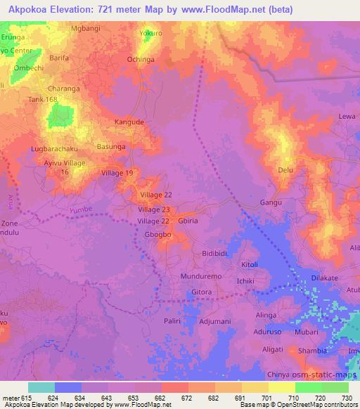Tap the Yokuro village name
pos(149,33)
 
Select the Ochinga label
pos(140,60)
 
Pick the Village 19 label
pos(117,173)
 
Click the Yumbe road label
pos(81,209)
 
